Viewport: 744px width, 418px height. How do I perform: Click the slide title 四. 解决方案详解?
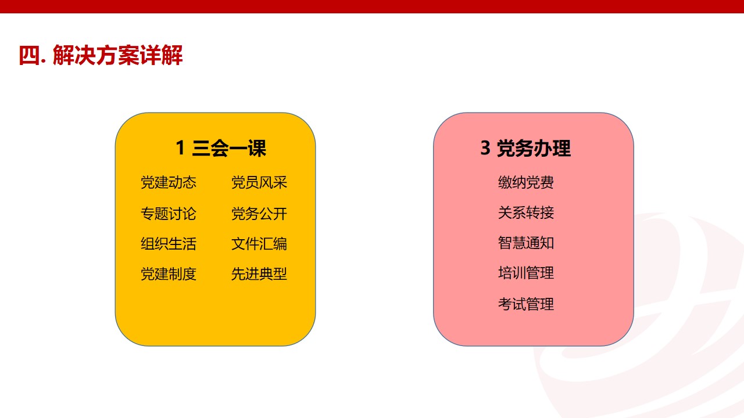101,55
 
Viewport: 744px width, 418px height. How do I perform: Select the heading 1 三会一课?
221,148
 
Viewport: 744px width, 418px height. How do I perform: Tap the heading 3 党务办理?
525,148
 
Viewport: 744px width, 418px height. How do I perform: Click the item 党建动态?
169,182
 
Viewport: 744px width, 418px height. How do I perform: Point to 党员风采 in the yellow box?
259,182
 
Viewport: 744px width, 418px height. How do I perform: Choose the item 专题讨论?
169,213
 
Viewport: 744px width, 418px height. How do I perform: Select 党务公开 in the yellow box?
259,213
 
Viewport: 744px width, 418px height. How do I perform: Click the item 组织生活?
169,244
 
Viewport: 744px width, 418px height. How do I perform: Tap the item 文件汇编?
259,244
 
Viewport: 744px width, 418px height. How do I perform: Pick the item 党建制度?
169,274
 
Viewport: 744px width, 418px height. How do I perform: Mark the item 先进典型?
259,274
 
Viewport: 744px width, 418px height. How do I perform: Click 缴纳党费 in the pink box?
526,182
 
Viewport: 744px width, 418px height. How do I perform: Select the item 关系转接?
526,212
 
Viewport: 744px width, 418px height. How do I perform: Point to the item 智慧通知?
526,243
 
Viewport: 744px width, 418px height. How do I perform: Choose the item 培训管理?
526,273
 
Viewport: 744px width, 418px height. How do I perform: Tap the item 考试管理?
526,304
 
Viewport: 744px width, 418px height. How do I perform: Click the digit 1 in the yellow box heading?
180,147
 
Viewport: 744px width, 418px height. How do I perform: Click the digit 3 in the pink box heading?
485,147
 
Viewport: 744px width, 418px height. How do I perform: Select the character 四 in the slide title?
30,55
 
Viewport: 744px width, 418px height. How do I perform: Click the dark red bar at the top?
372,6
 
